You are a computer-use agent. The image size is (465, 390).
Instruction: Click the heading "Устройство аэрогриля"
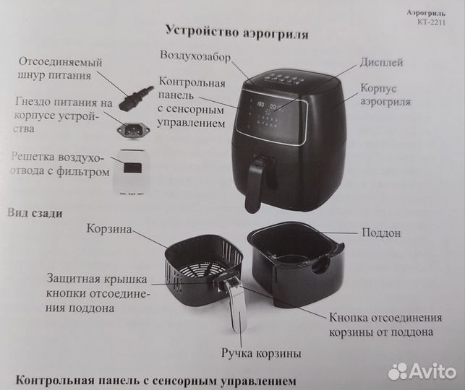(237, 32)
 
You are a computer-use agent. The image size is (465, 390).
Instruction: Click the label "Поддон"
(380, 234)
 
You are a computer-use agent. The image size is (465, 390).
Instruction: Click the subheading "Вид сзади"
(35, 213)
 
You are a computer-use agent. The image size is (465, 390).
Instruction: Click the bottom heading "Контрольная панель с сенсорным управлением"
(155, 380)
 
